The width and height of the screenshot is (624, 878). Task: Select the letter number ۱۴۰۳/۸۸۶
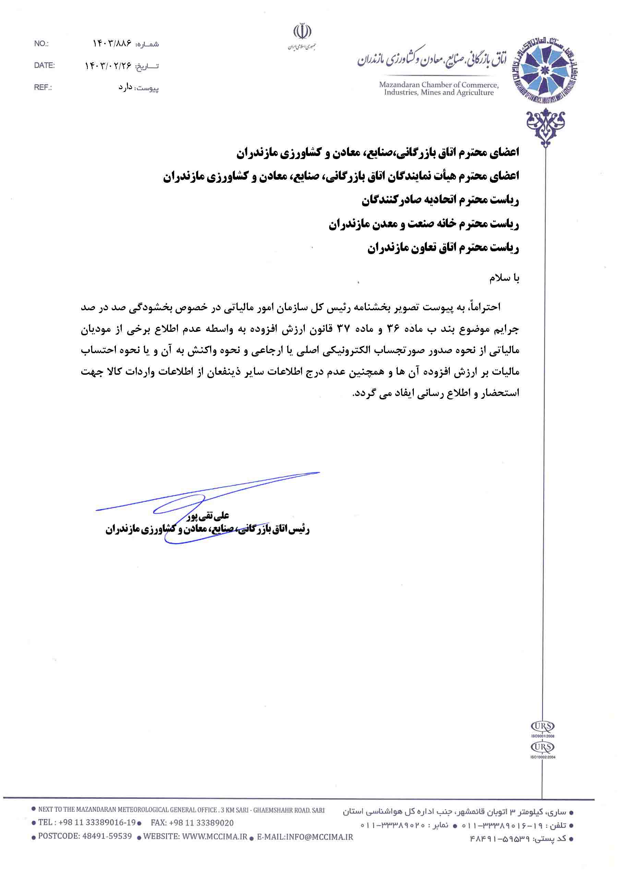tap(112, 44)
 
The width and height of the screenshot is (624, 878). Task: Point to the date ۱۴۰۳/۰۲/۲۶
tap(108, 66)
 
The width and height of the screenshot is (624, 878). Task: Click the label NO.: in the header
tap(41, 44)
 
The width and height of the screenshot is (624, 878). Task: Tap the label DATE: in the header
tap(44, 65)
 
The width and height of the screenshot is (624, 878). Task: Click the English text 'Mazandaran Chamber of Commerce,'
tap(439, 85)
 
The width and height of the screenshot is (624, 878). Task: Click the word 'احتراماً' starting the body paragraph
tap(487, 307)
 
